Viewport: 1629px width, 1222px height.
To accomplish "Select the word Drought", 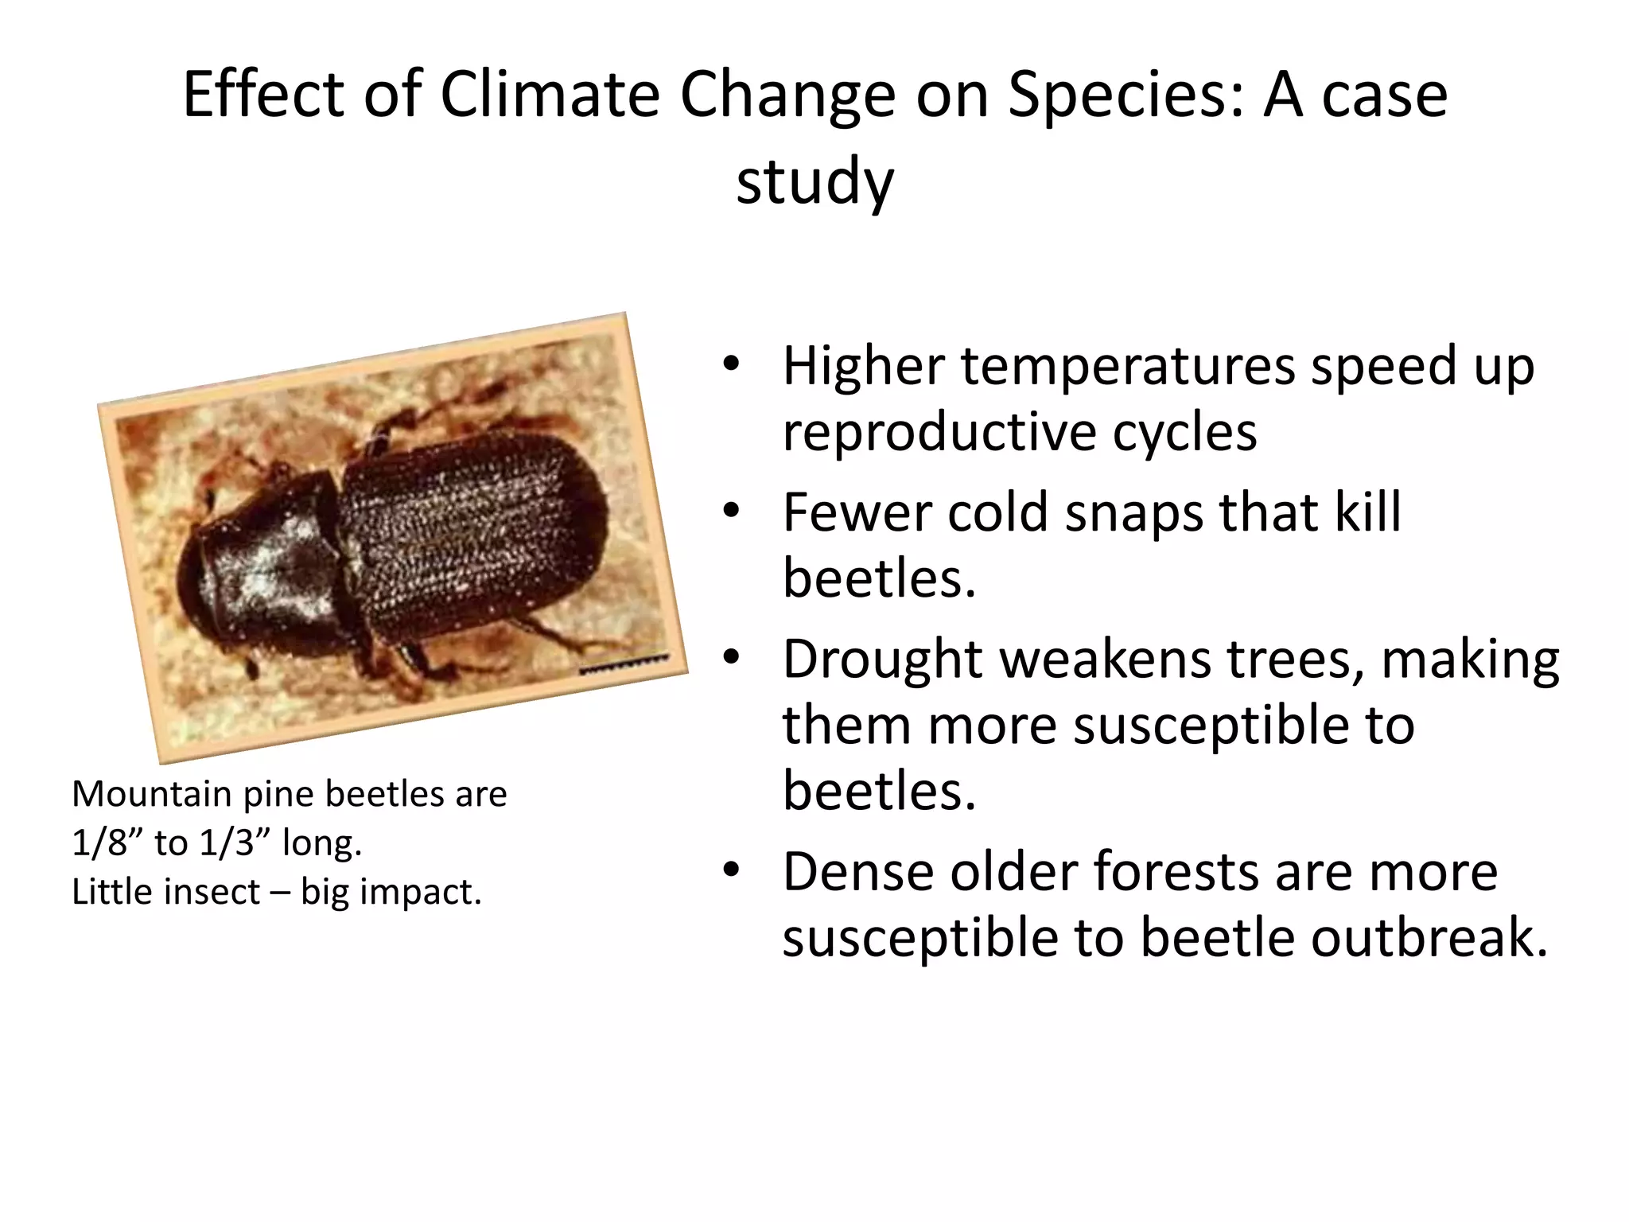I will pos(883,659).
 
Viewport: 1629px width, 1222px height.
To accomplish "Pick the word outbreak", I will pos(1428,937).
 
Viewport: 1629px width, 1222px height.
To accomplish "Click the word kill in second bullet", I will pos(1367,512).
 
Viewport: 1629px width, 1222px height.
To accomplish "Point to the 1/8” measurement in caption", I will pos(106,843).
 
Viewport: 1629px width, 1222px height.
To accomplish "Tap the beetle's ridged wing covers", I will pos(469,533).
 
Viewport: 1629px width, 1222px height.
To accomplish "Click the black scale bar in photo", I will pos(624,664).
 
